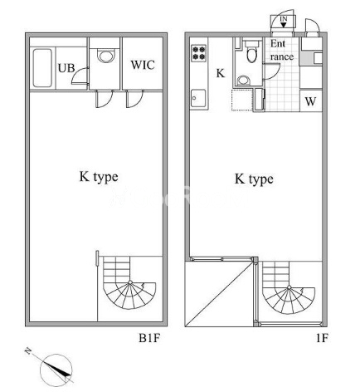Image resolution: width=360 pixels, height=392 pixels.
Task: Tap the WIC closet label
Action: coord(143,64)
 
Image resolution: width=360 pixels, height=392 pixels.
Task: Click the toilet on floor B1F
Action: coord(105,57)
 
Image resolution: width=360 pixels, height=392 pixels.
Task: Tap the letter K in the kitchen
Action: coord(220,73)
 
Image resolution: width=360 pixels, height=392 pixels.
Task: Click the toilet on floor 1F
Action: coord(251,55)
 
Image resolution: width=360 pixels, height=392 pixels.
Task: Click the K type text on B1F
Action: coord(99,176)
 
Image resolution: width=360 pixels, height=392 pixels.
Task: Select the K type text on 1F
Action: coord(253,178)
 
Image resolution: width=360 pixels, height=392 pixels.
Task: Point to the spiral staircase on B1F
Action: coord(126,291)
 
